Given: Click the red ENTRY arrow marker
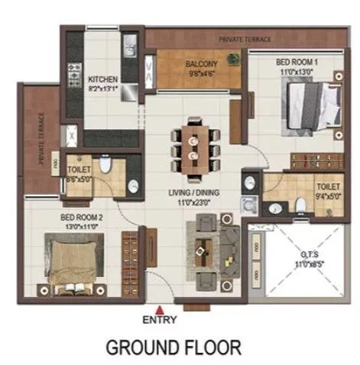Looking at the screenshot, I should point(159,308).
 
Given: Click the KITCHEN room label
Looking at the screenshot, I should point(102,79).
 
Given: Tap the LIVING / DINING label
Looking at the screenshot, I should point(194,193).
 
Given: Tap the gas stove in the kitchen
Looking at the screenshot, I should point(75,73).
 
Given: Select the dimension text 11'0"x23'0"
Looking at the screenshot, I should point(194,202).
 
